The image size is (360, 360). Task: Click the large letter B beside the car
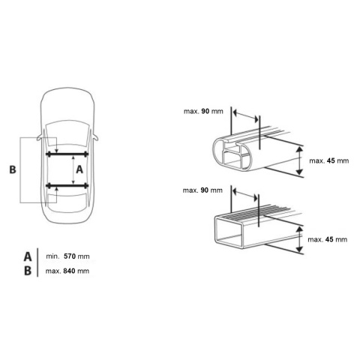[x=13, y=169]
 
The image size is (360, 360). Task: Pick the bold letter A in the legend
[x=28, y=256]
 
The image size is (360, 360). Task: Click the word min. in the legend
[x=52, y=256]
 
